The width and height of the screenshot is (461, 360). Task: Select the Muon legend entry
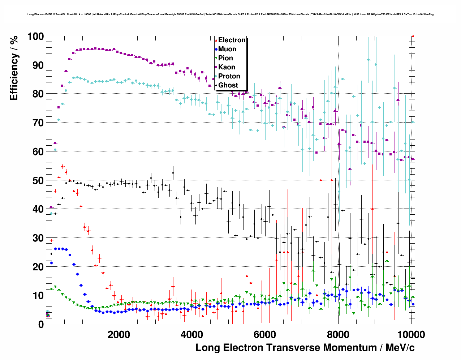pyautogui.click(x=227, y=49)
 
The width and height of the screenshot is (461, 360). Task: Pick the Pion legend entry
pyautogui.click(x=225, y=58)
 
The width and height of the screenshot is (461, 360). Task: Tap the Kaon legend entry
pyautogui.click(x=227, y=67)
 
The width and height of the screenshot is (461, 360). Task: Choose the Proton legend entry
pyautogui.click(x=229, y=76)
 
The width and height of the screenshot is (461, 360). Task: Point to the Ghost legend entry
pyautogui.click(x=228, y=85)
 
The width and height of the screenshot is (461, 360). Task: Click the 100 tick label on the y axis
pyautogui.click(x=35, y=37)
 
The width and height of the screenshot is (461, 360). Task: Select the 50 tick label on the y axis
pyautogui.click(x=38, y=180)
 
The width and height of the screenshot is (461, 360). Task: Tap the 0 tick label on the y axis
pyautogui.click(x=41, y=325)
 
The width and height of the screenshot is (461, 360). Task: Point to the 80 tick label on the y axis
pyautogui.click(x=38, y=94)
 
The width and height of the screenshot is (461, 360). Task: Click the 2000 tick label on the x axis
pyautogui.click(x=119, y=335)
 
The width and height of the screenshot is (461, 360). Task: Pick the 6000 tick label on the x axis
pyautogui.click(x=265, y=335)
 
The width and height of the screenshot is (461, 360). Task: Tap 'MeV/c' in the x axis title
pyautogui.click(x=400, y=348)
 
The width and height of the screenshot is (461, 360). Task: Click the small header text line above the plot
pyautogui.click(x=230, y=14)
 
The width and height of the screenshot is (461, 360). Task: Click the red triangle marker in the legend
pyautogui.click(x=216, y=40)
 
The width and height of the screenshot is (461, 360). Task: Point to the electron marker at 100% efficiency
pyautogui.click(x=413, y=36)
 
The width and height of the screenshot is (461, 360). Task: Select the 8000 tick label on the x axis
pyautogui.click(x=338, y=335)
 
